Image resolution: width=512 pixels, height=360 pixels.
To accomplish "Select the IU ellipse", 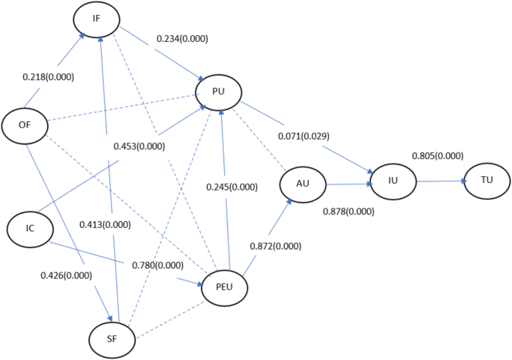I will pyautogui.click(x=392, y=181).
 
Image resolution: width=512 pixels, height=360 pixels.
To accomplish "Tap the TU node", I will pyautogui.click(x=487, y=181).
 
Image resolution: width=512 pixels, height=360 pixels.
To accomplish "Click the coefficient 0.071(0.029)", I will pyautogui.click(x=303, y=137).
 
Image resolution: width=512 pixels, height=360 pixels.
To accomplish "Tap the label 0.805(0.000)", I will pyautogui.click(x=437, y=155).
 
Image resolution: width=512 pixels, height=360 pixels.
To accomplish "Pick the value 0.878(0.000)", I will pyautogui.click(x=348, y=212).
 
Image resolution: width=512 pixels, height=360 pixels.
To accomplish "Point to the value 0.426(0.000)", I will pyautogui.click(x=67, y=275).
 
